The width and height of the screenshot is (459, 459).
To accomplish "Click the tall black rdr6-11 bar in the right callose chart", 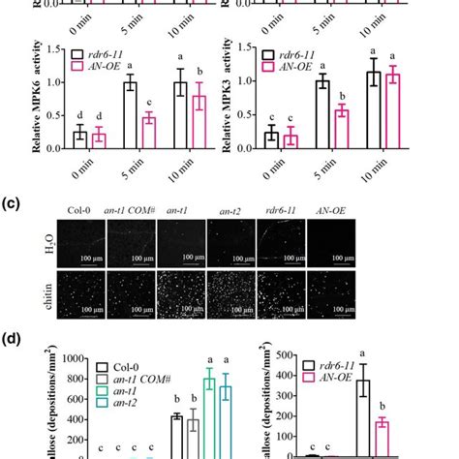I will click(364, 417).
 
